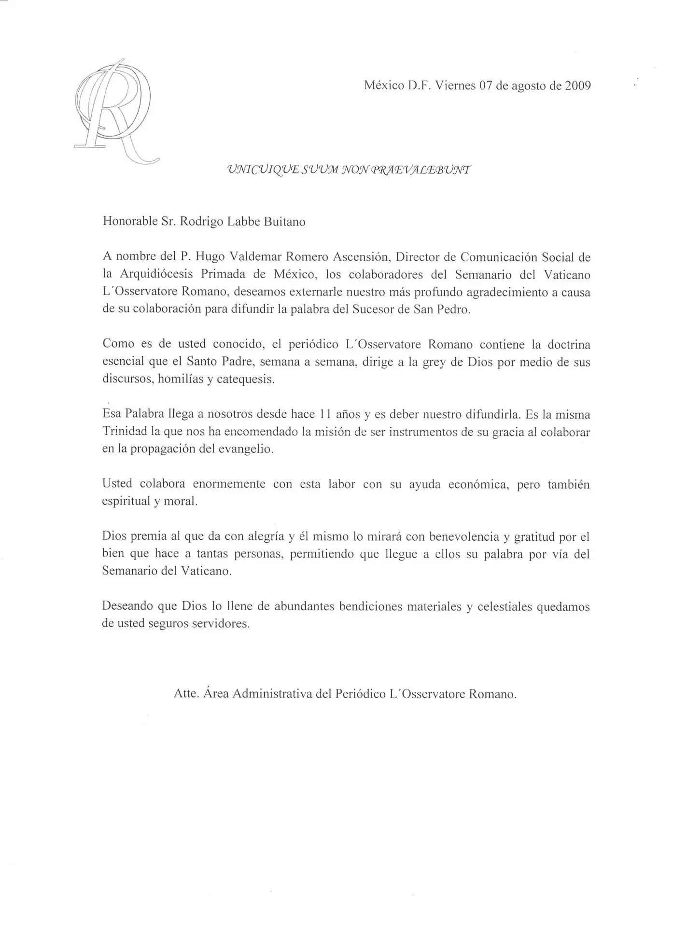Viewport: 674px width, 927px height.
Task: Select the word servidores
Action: (221, 624)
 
